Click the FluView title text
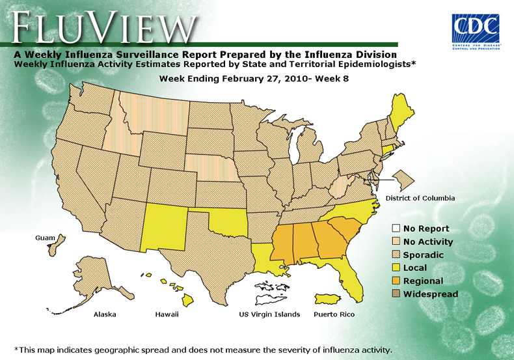[x=104, y=28]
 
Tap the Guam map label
[x=45, y=238]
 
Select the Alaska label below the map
[x=105, y=314]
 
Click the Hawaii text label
[x=167, y=314]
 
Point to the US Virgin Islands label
[x=269, y=314]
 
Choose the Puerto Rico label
[x=334, y=314]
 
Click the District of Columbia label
[x=420, y=198]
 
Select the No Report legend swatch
[x=396, y=228]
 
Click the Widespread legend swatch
[x=396, y=294]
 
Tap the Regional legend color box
[x=396, y=281]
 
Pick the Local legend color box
[x=396, y=268]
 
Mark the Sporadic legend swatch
[x=396, y=255]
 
